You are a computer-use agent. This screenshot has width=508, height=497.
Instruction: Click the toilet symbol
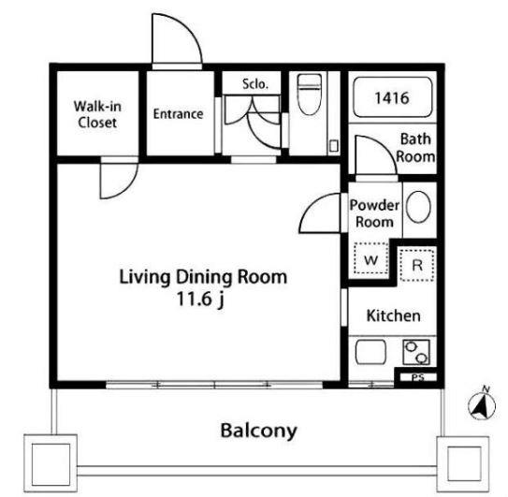pyautogui.click(x=310, y=95)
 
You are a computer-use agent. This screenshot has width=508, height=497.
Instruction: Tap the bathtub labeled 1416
pyautogui.click(x=393, y=97)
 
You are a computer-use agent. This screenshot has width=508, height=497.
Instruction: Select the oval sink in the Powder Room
pyautogui.click(x=418, y=207)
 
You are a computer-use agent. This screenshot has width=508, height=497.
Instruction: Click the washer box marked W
pyautogui.click(x=371, y=259)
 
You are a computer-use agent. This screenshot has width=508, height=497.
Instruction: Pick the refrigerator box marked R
pyautogui.click(x=417, y=266)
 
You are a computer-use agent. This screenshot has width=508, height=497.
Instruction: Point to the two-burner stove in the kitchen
pyautogui.click(x=416, y=352)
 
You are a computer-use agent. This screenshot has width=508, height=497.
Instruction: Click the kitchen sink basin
pyautogui.click(x=371, y=352)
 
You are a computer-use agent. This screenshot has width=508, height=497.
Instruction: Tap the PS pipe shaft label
pyautogui.click(x=418, y=377)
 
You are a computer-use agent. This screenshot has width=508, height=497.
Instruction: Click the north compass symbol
pyautogui.click(x=482, y=404)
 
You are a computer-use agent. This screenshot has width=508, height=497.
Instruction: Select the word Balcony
pyautogui.click(x=258, y=431)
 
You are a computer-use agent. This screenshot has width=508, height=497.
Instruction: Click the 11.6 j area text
pyautogui.click(x=200, y=299)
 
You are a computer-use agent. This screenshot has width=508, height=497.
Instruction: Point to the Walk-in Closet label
pyautogui.click(x=97, y=114)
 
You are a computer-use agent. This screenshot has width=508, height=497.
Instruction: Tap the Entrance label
pyautogui.click(x=178, y=114)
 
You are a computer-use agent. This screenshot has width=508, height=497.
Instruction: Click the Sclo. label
pyautogui.click(x=255, y=84)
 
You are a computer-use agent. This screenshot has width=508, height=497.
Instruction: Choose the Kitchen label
pyautogui.click(x=393, y=315)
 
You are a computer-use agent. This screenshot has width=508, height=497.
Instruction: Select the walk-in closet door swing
pyautogui.click(x=128, y=188)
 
